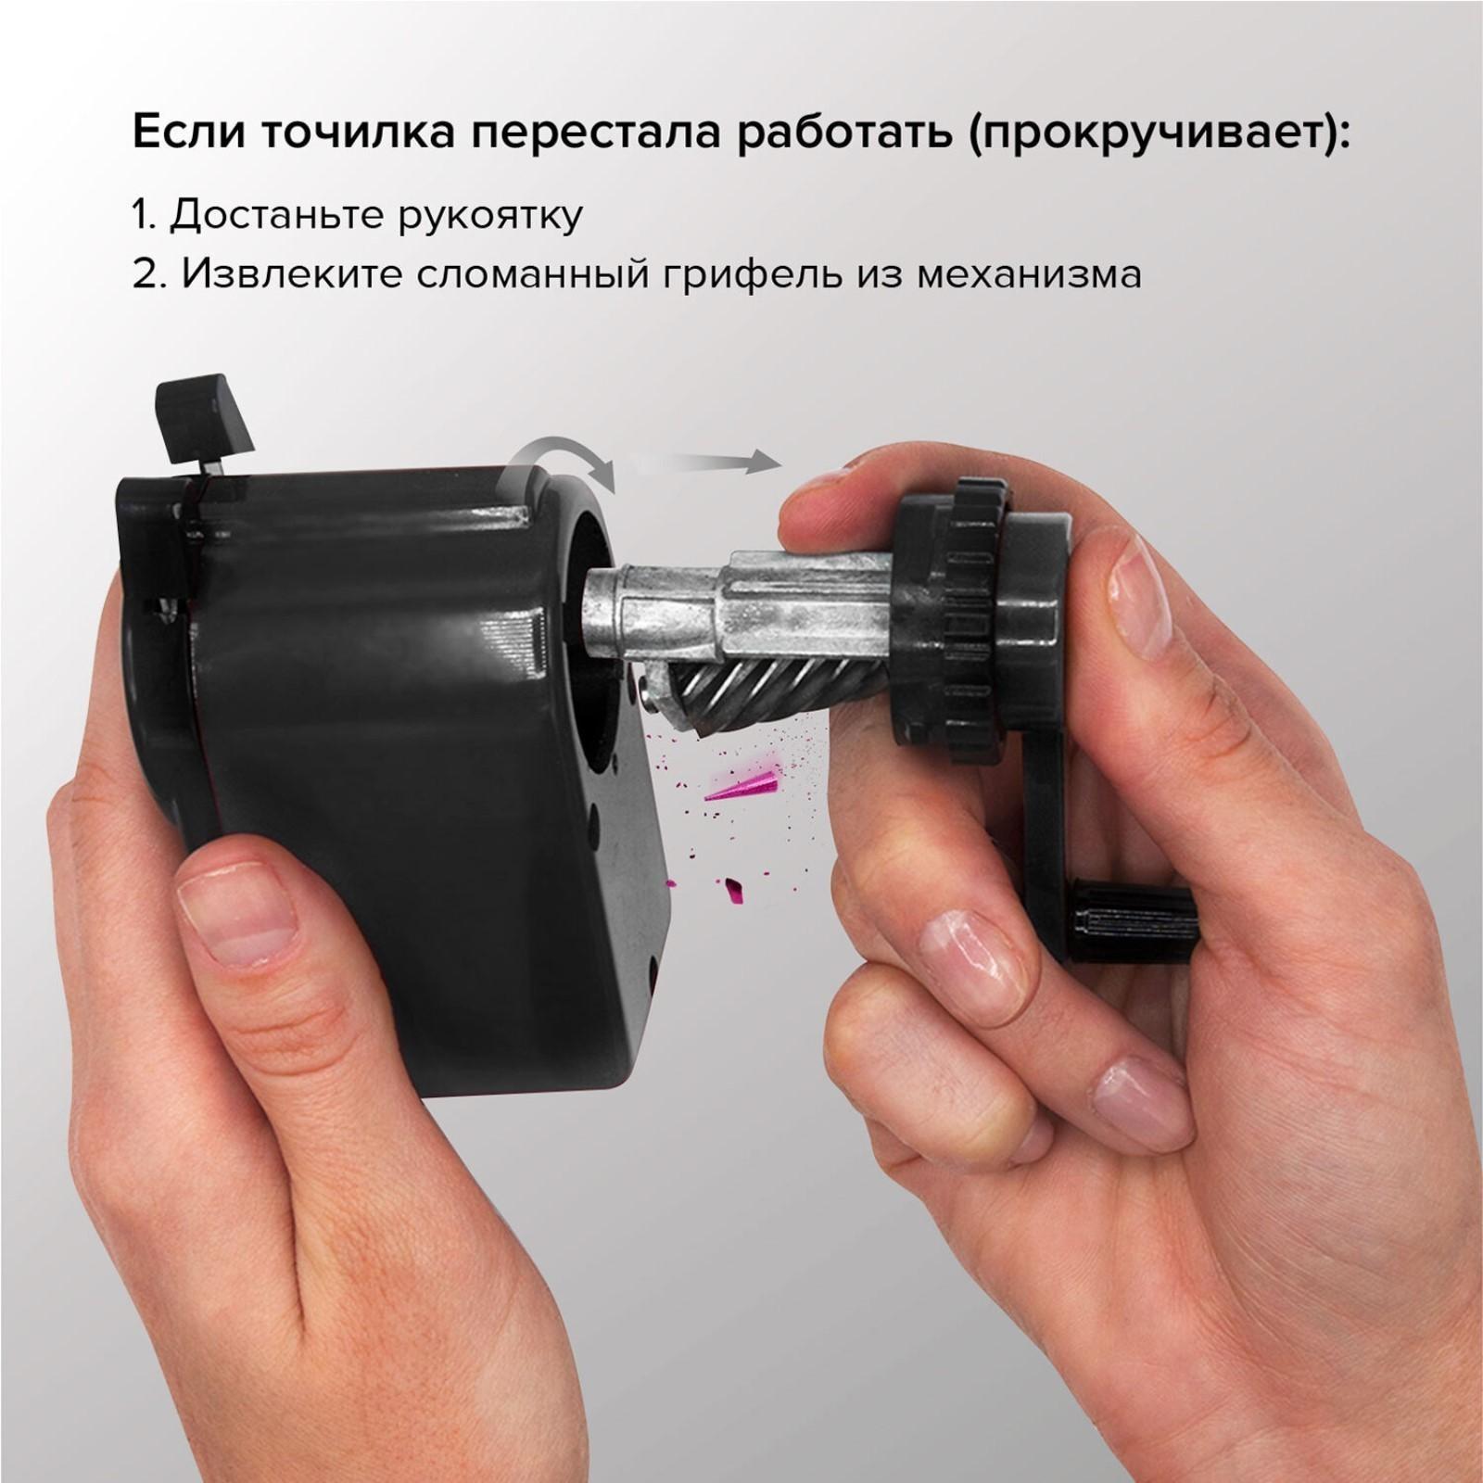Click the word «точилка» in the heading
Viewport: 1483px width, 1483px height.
pos(353,133)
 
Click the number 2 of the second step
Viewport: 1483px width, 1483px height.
pos(144,275)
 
